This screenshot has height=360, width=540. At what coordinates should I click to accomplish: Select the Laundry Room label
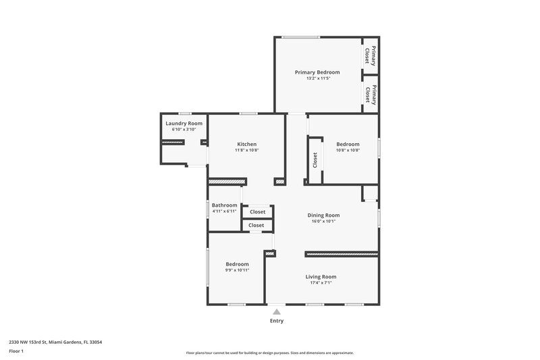[184, 124]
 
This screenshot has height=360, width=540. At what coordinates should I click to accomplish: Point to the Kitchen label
[246, 144]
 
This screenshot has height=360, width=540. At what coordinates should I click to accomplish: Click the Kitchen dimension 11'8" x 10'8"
[246, 150]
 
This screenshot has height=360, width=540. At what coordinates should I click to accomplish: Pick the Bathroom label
[224, 205]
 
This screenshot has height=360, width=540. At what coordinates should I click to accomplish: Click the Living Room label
[321, 277]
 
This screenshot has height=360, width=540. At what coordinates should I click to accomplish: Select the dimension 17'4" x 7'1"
[321, 283]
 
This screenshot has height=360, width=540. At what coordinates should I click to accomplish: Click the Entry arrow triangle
[277, 312]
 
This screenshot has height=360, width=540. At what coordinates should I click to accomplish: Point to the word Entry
[277, 321]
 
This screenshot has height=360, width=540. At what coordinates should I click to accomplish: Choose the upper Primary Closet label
[368, 55]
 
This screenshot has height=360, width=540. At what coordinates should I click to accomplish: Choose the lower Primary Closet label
[368, 95]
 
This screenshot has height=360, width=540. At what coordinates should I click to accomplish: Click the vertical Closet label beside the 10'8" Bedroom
[315, 160]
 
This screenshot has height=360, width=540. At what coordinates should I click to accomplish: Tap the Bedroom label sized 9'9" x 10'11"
[237, 264]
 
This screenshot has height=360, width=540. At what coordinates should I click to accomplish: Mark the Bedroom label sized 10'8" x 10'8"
[348, 144]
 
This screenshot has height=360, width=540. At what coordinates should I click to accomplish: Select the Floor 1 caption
[17, 352]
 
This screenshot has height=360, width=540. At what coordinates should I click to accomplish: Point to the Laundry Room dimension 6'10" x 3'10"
[184, 130]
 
